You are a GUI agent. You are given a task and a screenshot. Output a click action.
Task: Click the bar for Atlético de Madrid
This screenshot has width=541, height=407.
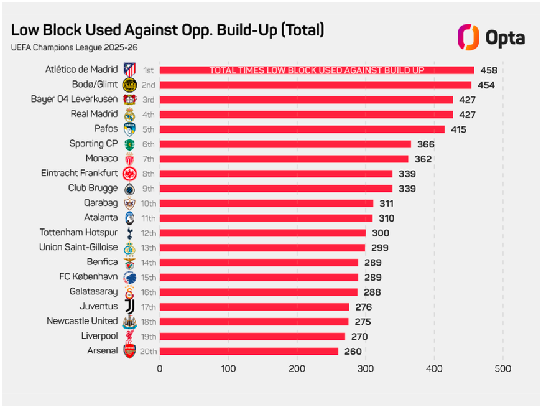click(x=317, y=70)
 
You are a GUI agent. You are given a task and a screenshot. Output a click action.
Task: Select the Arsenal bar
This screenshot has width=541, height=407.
click(x=249, y=351)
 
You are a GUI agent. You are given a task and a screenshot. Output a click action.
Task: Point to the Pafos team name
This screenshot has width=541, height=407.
click(x=106, y=129)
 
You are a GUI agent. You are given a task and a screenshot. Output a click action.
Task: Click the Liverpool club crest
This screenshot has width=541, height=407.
click(x=129, y=337)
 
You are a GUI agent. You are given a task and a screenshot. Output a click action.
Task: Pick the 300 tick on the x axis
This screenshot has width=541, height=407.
click(x=366, y=368)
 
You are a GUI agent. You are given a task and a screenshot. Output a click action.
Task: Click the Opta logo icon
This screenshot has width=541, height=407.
click(x=468, y=37)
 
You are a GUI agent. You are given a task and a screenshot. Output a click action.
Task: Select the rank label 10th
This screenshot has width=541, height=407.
click(x=148, y=203)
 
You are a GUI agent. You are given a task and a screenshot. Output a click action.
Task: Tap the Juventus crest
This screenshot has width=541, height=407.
click(x=129, y=307)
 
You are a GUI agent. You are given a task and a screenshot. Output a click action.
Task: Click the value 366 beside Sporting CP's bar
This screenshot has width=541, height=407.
click(x=426, y=144)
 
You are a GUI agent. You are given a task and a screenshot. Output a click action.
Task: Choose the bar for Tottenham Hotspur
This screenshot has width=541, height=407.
click(x=262, y=233)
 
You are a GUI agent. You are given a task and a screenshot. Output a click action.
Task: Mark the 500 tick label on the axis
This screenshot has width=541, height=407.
click(x=502, y=368)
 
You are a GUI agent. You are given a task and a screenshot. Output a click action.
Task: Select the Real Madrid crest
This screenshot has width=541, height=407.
click(x=129, y=115)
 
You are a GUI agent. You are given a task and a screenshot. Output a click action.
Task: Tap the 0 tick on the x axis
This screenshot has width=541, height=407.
click(x=160, y=368)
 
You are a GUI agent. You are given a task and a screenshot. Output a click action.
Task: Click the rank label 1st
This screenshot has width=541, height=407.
click(x=148, y=70)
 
